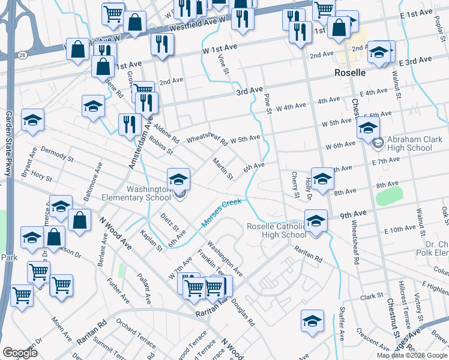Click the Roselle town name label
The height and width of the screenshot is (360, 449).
[349, 73]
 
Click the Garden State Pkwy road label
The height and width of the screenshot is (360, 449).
[9, 143]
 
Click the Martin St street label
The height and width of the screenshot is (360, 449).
[222, 169]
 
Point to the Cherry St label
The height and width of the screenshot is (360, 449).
[295, 184]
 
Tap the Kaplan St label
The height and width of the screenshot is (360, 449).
[152, 239]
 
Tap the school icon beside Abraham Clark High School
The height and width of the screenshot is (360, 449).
[367, 128]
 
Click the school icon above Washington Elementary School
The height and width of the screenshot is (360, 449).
[178, 179]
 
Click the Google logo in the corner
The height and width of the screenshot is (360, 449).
[20, 353]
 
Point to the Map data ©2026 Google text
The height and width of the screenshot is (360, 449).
[411, 355]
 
